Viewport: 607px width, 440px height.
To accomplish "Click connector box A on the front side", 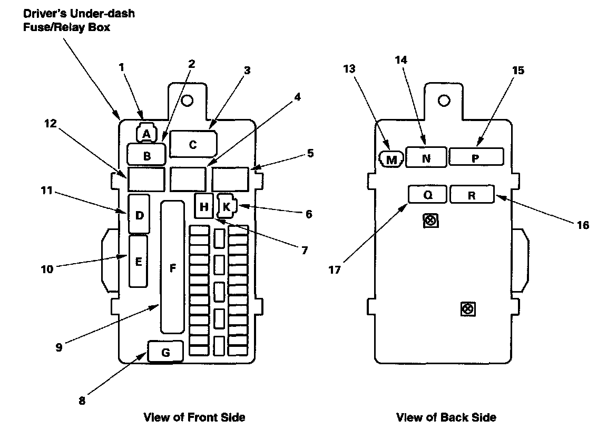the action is point(146,134).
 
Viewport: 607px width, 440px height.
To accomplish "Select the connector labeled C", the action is point(193,144).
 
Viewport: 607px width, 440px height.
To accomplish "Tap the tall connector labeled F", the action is point(172,267).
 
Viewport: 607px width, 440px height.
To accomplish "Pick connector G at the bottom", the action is point(165,352).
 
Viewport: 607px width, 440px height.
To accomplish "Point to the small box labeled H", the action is point(203,206).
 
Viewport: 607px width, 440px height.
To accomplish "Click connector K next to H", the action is point(227,206).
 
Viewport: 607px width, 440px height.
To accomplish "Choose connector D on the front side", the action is point(139,214).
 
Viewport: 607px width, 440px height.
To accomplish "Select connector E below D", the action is point(138,261).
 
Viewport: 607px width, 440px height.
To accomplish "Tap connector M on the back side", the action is point(391,159).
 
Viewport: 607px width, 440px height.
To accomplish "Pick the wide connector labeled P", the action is point(476,157).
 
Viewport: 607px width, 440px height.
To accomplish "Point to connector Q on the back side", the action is point(427,194).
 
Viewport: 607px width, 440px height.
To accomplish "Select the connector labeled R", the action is point(472,194).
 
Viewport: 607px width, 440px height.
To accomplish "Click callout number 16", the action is point(583,225).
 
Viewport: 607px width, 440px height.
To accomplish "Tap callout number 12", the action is point(51,124).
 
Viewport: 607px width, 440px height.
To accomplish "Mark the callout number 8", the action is point(82,401).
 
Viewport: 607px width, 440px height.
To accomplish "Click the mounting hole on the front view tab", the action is point(187,101).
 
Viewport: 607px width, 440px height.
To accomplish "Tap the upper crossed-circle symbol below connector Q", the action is point(430,221).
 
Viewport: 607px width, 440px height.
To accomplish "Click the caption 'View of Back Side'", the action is point(446,417).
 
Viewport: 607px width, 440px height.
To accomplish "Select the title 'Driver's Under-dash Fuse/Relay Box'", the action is point(79,20).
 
